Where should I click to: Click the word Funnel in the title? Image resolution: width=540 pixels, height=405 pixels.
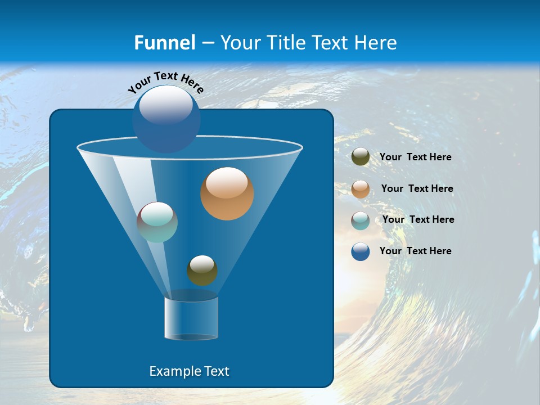coord(164,43)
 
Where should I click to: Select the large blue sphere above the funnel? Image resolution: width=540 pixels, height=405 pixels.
coord(166,119)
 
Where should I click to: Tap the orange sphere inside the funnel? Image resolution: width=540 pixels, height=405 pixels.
coord(227,194)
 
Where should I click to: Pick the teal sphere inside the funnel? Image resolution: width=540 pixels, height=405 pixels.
coord(157,222)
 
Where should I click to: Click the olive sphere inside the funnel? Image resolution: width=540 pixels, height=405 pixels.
coord(202,271)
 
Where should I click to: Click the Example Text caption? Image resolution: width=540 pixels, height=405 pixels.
coord(189,371)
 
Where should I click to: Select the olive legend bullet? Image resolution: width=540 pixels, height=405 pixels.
coord(361,157)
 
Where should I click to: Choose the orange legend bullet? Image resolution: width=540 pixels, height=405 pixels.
coord(361,189)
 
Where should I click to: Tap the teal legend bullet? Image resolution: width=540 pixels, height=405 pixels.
coord(361,220)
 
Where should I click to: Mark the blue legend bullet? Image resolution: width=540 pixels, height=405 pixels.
coord(361,251)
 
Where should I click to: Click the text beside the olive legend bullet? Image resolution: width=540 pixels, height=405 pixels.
coord(415,157)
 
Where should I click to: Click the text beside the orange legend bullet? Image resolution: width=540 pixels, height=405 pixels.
coord(417,189)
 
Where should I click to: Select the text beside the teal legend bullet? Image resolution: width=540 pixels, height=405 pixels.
coord(418,220)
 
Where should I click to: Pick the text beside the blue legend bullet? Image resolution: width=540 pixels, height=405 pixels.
coord(415,251)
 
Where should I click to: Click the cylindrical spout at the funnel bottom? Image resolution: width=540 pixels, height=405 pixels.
coord(191,318)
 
